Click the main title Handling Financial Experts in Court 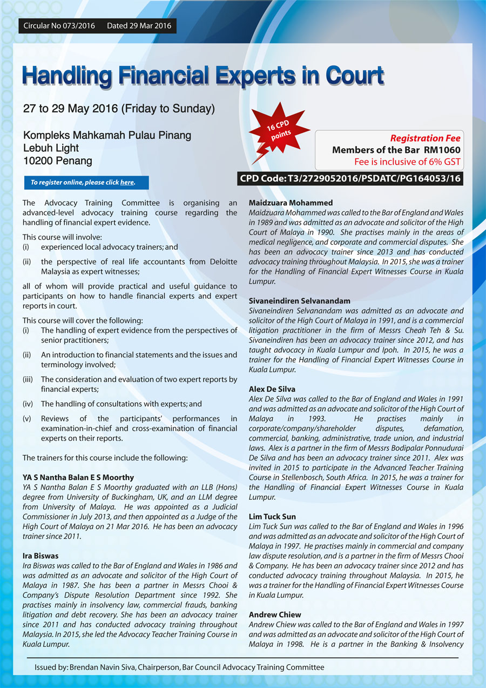(202, 76)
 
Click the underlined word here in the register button (127, 183)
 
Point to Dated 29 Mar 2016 (139, 25)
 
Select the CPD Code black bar (350, 178)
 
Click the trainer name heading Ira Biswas (40, 556)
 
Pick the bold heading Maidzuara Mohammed (291, 203)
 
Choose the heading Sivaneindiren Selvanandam (299, 300)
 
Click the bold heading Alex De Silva (272, 389)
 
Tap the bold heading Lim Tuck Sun (272, 517)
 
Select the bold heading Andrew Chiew (275, 614)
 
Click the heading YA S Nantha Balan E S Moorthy (78, 478)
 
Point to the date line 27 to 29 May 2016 (119, 109)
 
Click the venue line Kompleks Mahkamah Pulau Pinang (107, 135)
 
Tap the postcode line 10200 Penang (57, 161)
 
